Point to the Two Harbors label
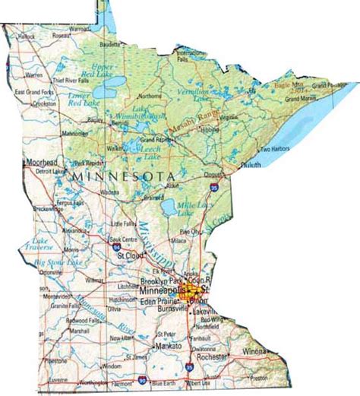[276, 150]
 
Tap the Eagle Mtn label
[289, 86]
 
